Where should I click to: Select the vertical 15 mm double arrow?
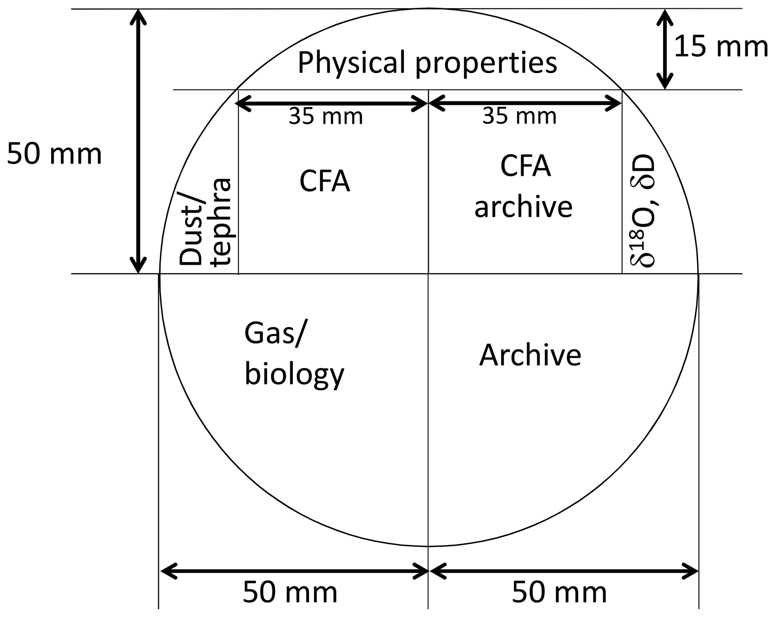tap(664, 49)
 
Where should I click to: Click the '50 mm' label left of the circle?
tap(54, 154)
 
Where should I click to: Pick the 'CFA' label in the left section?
tap(325, 182)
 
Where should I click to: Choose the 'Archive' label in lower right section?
tap(530, 355)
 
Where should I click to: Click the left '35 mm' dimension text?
tap(326, 117)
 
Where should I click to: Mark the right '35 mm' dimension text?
tap(519, 116)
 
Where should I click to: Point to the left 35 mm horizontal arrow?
tap(331, 103)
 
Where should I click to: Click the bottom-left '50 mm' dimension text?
tap(290, 592)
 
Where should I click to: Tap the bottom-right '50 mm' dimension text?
tap(559, 592)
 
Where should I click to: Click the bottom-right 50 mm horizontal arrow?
tap(564, 571)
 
